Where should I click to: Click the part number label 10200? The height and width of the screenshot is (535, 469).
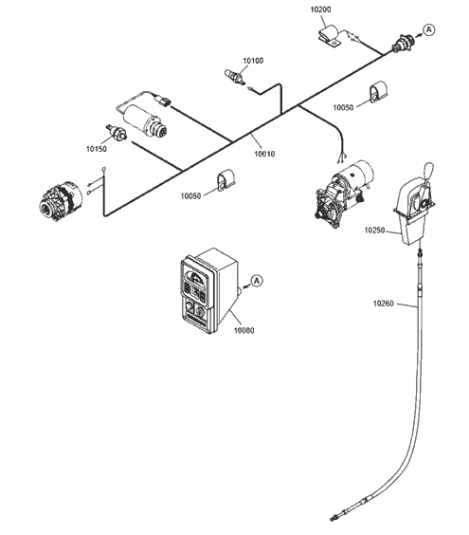coord(320,9)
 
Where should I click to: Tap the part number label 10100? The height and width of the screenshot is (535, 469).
coord(253,61)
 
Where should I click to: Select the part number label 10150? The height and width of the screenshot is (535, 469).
coord(97,149)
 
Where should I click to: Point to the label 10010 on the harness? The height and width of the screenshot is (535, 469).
coord(264,154)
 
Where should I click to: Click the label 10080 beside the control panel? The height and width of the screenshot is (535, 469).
coord(244,330)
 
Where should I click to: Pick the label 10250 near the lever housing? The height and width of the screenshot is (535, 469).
coord(374,231)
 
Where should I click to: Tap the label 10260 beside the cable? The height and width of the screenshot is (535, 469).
coord(383,304)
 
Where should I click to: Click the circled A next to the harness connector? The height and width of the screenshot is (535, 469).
coord(429,30)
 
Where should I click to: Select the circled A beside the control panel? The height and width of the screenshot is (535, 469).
coord(257,281)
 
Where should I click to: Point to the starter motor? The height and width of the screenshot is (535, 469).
coord(343,193)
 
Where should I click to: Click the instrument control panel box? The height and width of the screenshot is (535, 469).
coord(208,290)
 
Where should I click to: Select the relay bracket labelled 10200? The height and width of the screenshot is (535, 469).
coord(330,36)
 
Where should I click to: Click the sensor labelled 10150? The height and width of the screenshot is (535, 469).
coord(116,133)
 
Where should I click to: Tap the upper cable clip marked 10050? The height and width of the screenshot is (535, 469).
coord(378,91)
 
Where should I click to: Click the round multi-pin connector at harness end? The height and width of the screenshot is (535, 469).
coord(404,44)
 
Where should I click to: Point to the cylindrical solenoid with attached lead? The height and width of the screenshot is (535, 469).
coord(146,120)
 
